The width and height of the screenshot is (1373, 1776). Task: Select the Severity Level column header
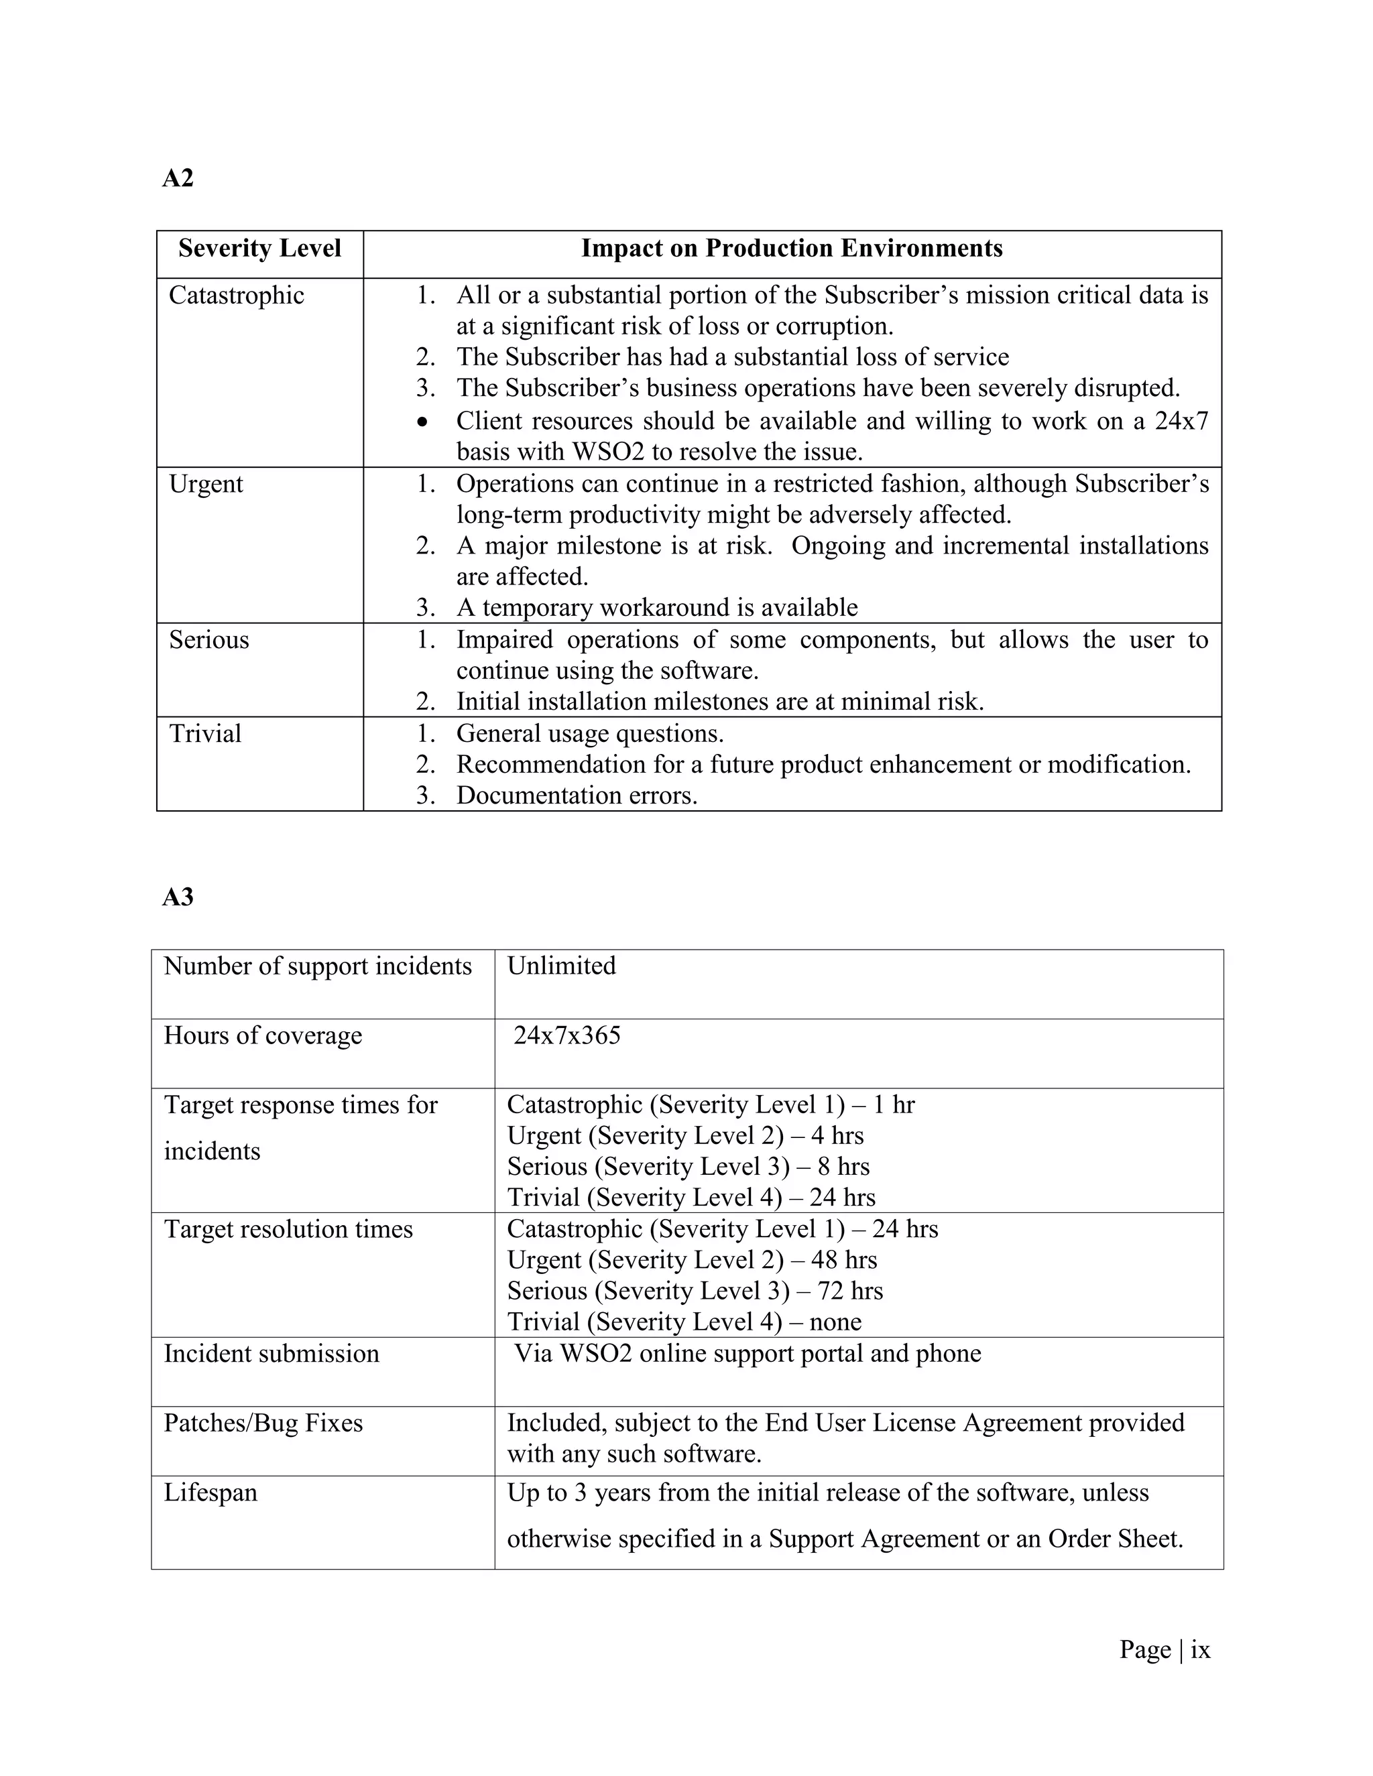(259, 249)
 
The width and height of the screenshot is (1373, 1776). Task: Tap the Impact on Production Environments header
(792, 249)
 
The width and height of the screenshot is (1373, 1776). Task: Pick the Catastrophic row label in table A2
(236, 295)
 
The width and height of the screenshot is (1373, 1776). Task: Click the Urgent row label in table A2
(206, 484)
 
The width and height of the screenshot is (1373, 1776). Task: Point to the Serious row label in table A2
(209, 640)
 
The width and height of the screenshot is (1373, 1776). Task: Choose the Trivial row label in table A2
(205, 733)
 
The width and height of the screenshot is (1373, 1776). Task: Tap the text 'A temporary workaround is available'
(656, 607)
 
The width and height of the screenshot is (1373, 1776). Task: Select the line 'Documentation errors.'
(577, 796)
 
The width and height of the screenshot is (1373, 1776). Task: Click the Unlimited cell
(561, 966)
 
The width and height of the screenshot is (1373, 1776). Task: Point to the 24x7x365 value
(567, 1035)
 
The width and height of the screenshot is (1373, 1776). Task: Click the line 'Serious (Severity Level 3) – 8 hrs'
(688, 1167)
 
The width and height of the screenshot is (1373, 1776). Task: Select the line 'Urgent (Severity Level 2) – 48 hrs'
(692, 1261)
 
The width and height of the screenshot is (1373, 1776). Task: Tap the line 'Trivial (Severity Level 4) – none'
(684, 1322)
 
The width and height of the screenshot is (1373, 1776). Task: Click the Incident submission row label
(272, 1354)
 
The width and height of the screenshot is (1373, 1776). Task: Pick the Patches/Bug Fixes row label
(263, 1423)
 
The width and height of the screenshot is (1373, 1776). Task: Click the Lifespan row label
(211, 1493)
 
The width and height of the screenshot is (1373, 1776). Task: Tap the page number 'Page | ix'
(1164, 1650)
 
